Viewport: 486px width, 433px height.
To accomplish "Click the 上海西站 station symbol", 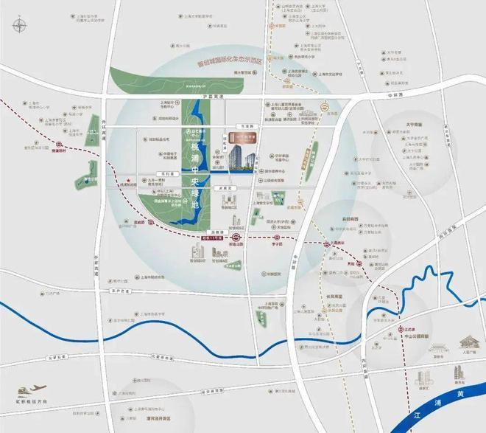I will [x=325, y=244].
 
